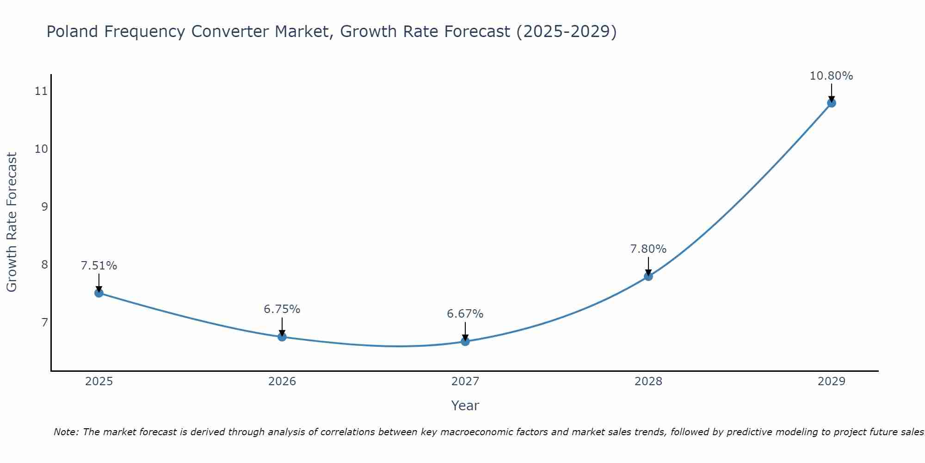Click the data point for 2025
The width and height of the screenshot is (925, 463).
pyautogui.click(x=99, y=293)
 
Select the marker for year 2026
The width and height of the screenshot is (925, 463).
pyautogui.click(x=282, y=337)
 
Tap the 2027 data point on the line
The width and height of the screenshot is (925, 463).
pyautogui.click(x=465, y=341)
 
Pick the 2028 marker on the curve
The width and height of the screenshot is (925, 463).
pyautogui.click(x=648, y=276)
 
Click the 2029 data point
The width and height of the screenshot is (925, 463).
pyautogui.click(x=831, y=103)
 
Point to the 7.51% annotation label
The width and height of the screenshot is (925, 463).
pyautogui.click(x=99, y=266)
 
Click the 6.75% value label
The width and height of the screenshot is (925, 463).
pyautogui.click(x=282, y=309)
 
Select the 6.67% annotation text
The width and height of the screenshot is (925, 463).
pyautogui.click(x=465, y=314)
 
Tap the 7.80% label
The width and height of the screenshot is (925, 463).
pyautogui.click(x=648, y=249)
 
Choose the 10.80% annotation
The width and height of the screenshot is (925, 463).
pyautogui.click(x=831, y=76)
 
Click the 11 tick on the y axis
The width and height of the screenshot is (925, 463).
pyautogui.click(x=41, y=91)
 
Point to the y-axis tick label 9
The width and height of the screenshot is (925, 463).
pyautogui.click(x=44, y=206)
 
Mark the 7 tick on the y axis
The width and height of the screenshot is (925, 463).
pyautogui.click(x=44, y=322)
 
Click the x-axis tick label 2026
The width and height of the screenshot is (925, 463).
pyautogui.click(x=282, y=382)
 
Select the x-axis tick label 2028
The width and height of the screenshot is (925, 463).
pyautogui.click(x=648, y=382)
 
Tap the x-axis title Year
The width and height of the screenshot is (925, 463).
pyautogui.click(x=465, y=406)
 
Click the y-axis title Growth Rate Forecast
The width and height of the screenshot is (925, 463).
pyautogui.click(x=12, y=222)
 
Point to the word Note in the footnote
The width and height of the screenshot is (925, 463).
pyautogui.click(x=66, y=432)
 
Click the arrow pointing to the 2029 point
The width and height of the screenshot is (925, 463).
pyautogui.click(x=831, y=93)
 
